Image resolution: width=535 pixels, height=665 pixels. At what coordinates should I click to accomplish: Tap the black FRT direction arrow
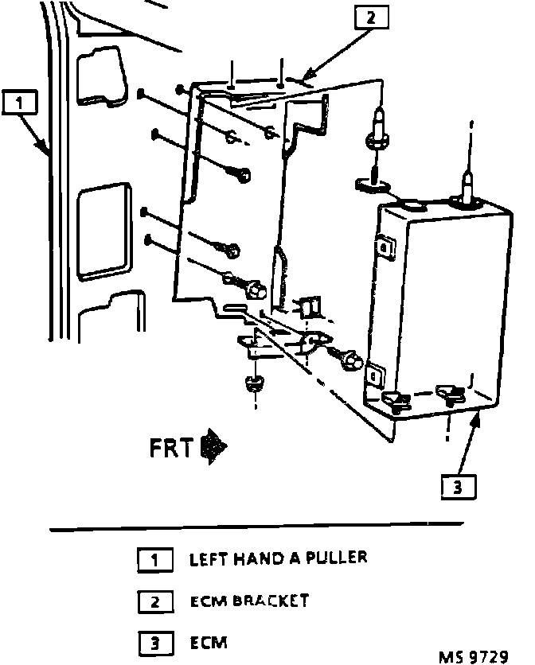tap(213, 447)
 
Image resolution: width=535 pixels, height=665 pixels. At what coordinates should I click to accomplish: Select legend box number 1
tap(154, 560)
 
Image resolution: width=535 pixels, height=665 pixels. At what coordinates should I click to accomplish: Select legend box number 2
tap(154, 602)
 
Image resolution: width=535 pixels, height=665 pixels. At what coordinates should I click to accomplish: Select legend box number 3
tap(154, 642)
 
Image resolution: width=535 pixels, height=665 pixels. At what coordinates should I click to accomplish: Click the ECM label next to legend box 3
tap(208, 641)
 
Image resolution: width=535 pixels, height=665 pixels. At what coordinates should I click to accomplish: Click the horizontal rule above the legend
tap(256, 526)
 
